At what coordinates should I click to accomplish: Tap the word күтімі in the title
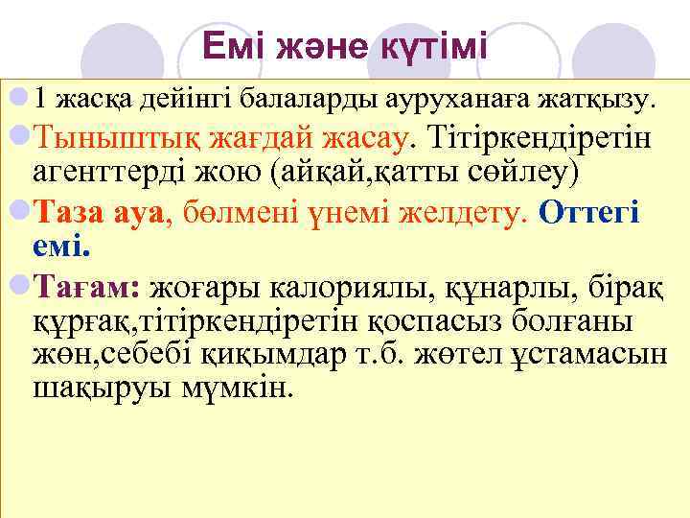pyautogui.click(x=435, y=45)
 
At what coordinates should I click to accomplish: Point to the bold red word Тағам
pyautogui.click(x=85, y=285)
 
